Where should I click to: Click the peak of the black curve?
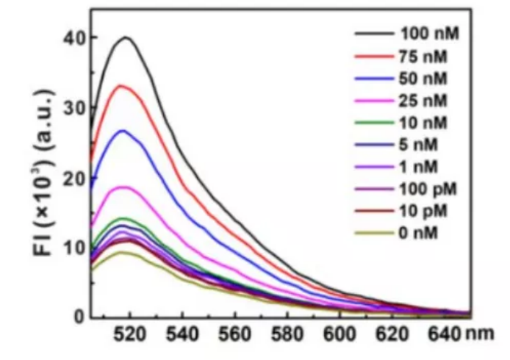(126, 37)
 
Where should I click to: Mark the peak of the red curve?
(122, 86)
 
